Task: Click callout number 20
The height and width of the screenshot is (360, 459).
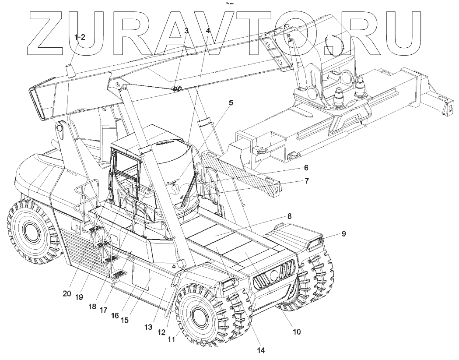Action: (x=67, y=294)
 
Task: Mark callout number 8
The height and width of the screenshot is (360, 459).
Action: (x=289, y=216)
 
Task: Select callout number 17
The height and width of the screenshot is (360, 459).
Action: (x=103, y=310)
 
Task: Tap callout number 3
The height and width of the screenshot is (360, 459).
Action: (x=186, y=31)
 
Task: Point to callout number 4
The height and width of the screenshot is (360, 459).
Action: (x=208, y=31)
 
